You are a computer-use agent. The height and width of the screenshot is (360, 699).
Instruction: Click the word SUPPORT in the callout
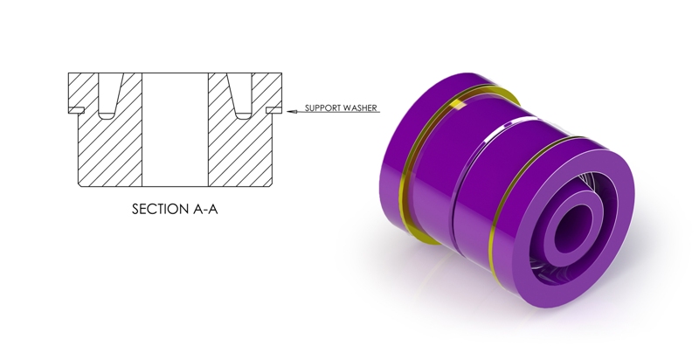tap(322, 107)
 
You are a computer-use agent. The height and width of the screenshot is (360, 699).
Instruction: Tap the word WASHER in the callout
tap(360, 107)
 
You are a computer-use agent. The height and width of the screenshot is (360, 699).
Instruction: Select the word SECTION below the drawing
tap(161, 209)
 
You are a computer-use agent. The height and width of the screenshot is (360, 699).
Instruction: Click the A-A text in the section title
tap(205, 209)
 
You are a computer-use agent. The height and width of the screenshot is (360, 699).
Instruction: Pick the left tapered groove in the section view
tap(109, 96)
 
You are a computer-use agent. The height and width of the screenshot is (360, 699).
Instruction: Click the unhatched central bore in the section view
tap(176, 129)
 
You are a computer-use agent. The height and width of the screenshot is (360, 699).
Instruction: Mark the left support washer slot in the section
tap(76, 109)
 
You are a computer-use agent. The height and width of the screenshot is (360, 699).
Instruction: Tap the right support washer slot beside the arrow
tap(273, 109)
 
